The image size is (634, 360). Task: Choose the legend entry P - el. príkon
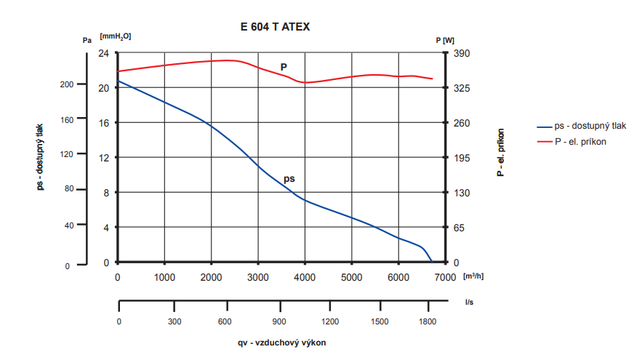[580, 142]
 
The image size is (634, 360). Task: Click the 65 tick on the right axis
[460, 228]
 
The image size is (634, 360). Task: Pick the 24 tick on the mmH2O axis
[104, 54]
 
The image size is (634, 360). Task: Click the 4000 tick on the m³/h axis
[305, 277]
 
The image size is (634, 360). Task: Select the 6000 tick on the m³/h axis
[398, 277]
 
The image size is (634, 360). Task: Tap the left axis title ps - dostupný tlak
[41, 156]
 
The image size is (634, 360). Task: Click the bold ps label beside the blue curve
[289, 178]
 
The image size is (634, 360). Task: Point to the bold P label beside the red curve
[284, 67]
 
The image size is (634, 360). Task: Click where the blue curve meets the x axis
[432, 263]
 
